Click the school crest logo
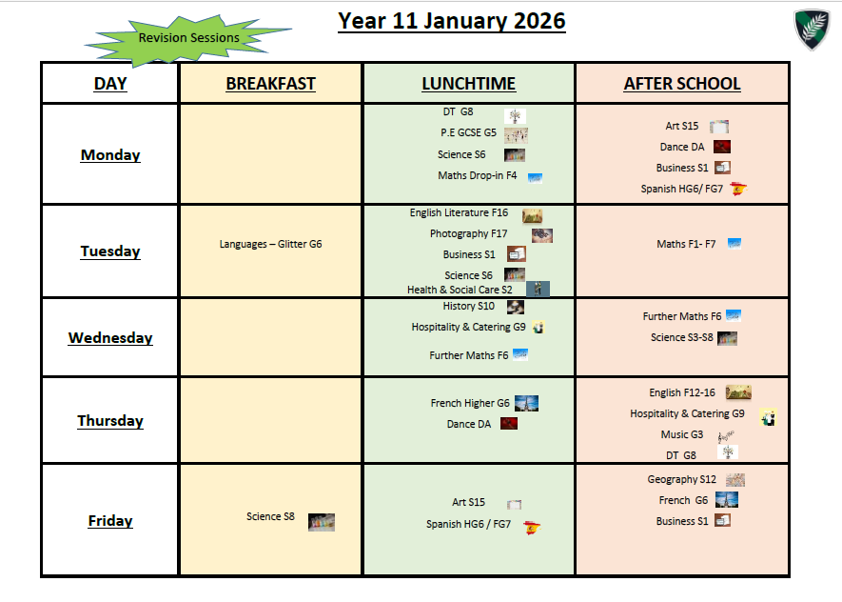812,29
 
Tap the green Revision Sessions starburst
188,39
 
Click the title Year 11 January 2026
452,21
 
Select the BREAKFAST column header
270,83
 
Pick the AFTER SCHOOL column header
682,83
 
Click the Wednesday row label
110,337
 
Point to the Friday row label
110,520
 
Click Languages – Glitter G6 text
270,244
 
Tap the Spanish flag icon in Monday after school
739,189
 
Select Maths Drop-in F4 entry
477,176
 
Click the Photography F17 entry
468,233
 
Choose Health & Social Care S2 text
460,290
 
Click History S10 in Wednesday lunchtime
468,306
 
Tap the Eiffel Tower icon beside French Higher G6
526,403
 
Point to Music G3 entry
682,434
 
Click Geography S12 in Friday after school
681,479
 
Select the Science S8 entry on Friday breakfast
270,516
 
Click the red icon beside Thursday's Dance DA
508,424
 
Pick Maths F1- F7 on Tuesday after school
686,244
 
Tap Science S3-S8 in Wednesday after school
682,337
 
